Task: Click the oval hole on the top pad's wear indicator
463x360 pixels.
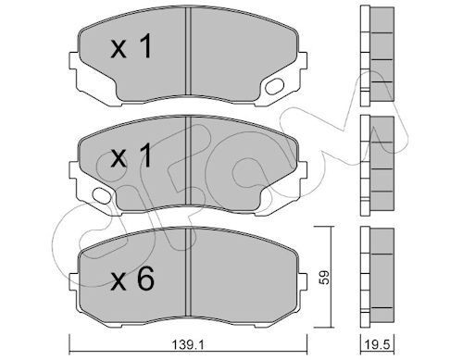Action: [x=275, y=89]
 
